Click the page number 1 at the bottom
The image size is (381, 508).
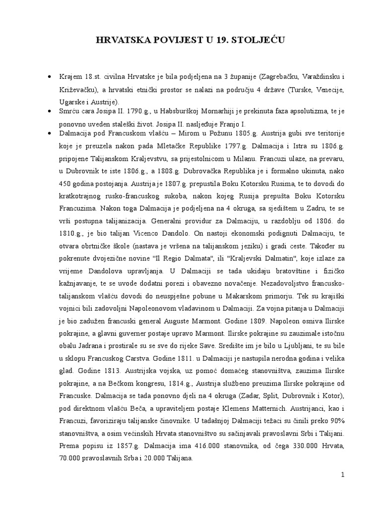coord(342,475)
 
